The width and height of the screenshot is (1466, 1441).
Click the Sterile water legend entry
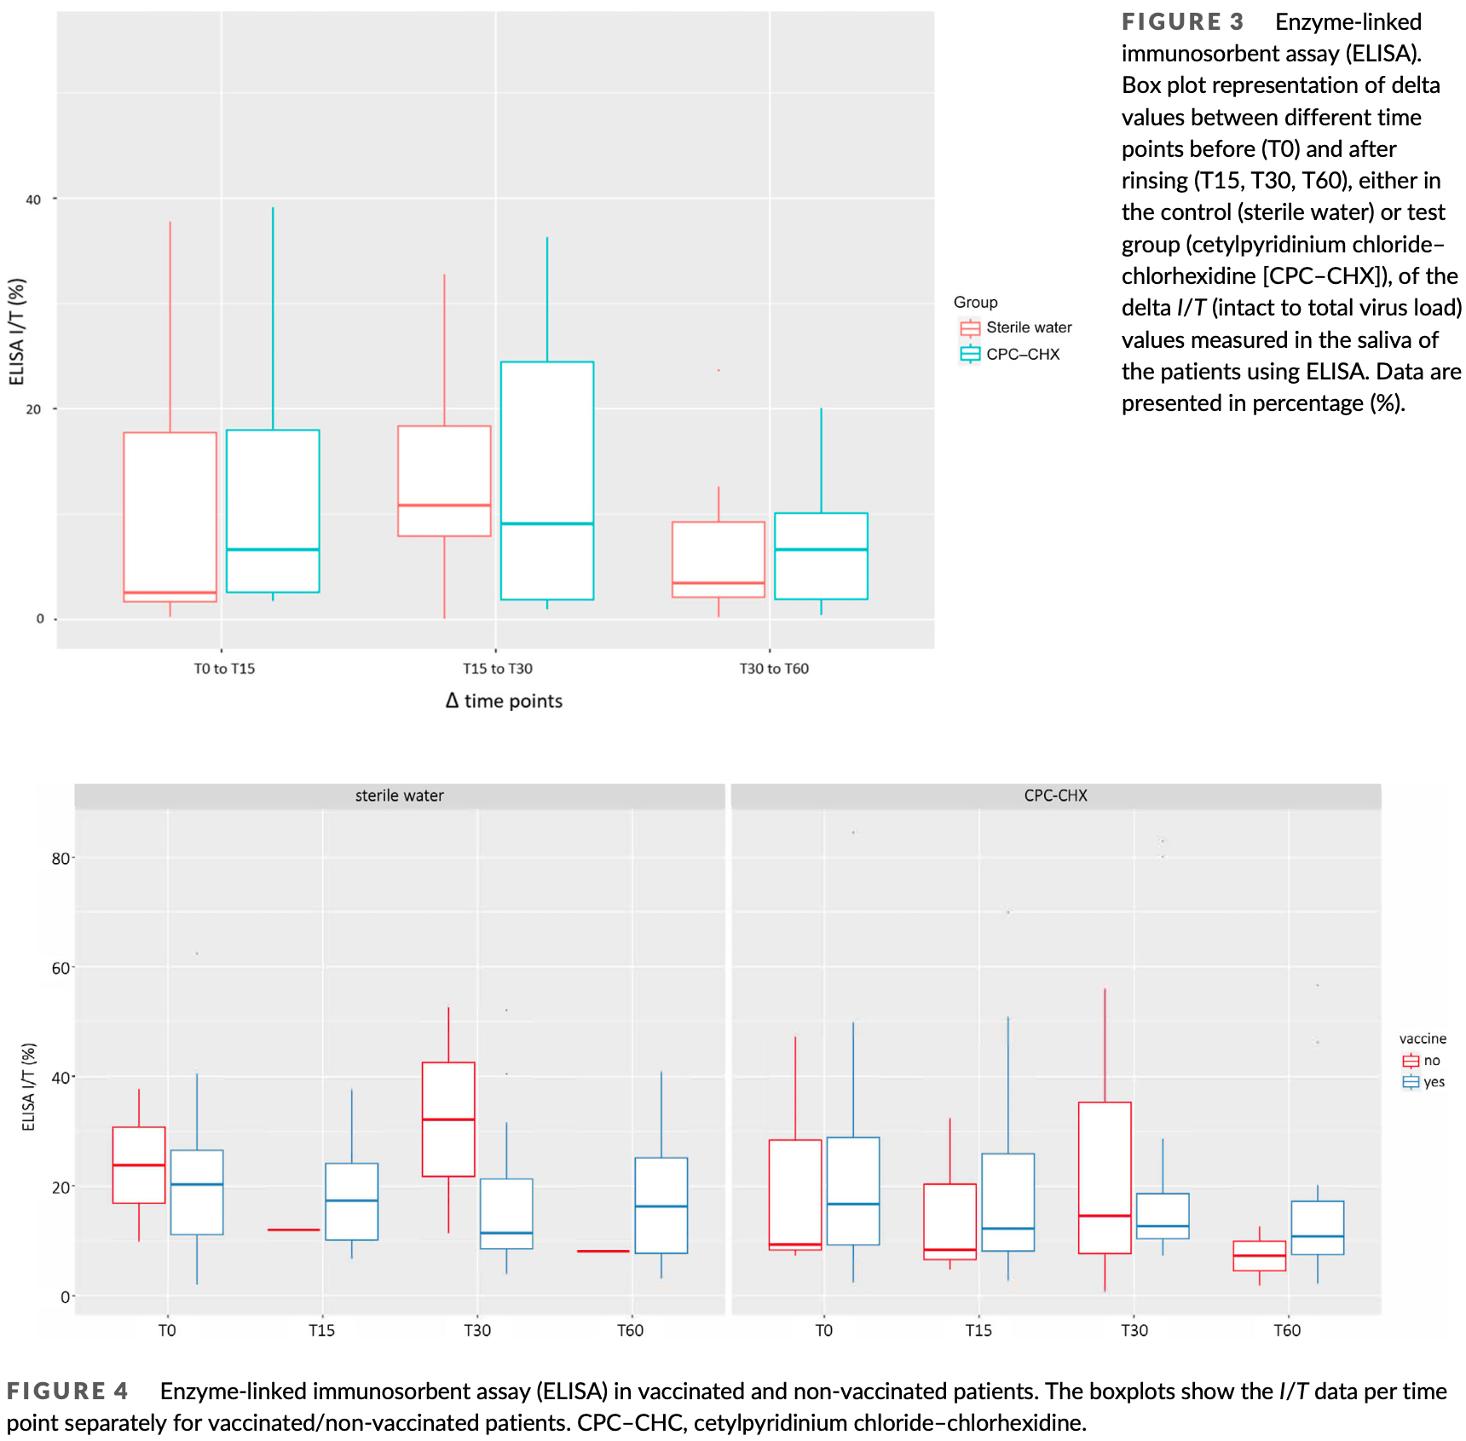[1016, 327]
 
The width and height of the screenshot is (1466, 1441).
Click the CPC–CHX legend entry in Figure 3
[1011, 354]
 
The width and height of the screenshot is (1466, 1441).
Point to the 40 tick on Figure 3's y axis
[33, 200]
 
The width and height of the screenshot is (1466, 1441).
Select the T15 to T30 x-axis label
[497, 668]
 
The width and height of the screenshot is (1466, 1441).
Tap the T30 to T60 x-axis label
[773, 668]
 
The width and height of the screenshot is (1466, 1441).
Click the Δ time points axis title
[504, 701]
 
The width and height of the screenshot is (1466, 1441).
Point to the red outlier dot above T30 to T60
[719, 370]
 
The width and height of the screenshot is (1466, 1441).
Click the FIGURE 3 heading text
[1182, 22]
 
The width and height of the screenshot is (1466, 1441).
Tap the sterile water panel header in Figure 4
[399, 796]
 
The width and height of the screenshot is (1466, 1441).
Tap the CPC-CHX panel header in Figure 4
[1055, 796]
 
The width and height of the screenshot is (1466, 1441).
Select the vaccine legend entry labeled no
[1421, 1061]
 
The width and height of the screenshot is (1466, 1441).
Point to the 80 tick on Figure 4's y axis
[60, 859]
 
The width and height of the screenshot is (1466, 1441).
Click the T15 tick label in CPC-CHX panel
[978, 1330]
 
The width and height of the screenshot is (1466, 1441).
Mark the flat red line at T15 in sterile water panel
[293, 1230]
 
